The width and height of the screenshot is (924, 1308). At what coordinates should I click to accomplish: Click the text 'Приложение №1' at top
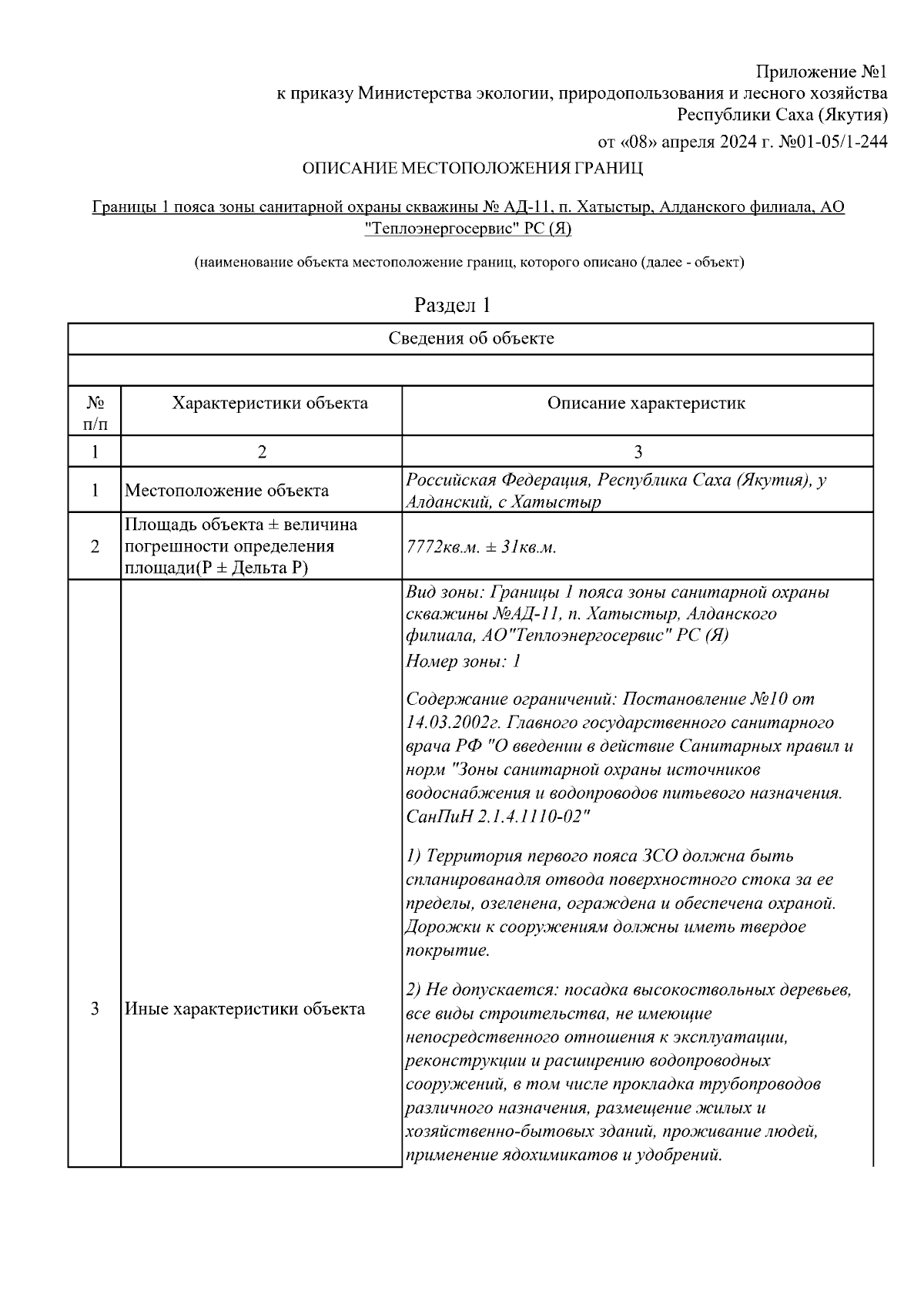822,72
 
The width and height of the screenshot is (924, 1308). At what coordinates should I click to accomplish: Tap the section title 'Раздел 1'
452,305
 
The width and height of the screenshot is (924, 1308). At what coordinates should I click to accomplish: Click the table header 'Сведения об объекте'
470,338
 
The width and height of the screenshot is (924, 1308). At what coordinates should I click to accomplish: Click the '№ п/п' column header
95,413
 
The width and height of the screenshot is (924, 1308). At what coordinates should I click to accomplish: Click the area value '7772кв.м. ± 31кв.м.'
480,548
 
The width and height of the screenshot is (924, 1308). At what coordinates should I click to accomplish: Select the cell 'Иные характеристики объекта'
245,1008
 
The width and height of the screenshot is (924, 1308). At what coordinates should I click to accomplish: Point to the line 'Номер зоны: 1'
464,661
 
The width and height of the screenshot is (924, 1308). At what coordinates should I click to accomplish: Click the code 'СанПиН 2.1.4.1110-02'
497,817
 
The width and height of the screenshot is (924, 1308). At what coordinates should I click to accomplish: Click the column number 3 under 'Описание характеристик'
638,452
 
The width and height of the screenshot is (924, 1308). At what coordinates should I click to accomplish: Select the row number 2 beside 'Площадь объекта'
95,547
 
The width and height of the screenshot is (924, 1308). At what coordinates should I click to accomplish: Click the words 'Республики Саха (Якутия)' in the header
782,115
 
